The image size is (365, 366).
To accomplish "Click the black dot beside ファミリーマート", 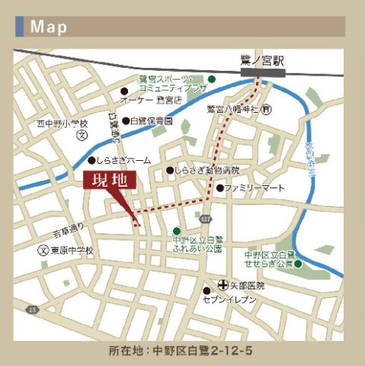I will (x=219, y=188).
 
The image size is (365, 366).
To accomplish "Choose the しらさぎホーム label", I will (x=123, y=161).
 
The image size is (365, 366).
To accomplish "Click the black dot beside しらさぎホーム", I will (x=91, y=161).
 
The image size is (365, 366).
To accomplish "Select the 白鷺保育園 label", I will (x=152, y=120).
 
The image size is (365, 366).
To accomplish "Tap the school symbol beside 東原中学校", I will (x=43, y=250).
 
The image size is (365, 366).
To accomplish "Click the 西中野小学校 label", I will (x=62, y=123).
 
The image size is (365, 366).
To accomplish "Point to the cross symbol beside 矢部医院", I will (x=223, y=284).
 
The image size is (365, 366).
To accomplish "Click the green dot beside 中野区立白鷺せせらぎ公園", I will (x=298, y=264).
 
